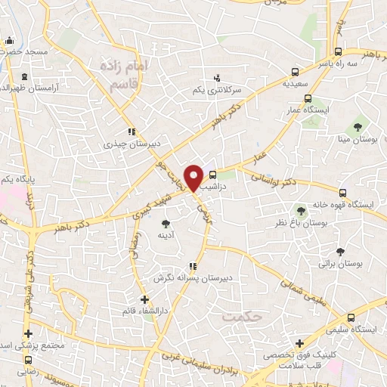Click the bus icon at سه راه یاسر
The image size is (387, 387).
(x=339, y=53)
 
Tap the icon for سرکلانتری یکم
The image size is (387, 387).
(x=218, y=77)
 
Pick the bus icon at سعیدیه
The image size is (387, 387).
(x=295, y=73)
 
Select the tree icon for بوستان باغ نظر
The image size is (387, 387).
(x=302, y=209)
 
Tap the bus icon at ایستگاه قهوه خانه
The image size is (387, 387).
(x=343, y=193)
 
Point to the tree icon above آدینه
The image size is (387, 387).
(x=166, y=223)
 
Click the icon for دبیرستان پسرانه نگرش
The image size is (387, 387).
(x=193, y=266)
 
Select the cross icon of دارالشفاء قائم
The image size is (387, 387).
(x=144, y=299)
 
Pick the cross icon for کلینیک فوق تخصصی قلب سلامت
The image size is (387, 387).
(x=300, y=343)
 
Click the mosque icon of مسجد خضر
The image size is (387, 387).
(x=8, y=41)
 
